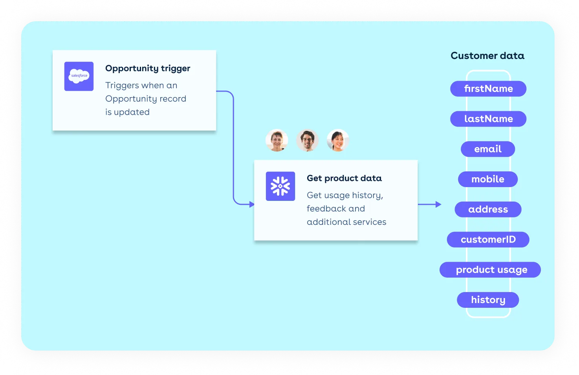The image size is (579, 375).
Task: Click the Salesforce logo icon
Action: coord(79,76)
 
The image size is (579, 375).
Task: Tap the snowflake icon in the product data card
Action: coord(280,186)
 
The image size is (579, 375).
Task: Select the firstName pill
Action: coord(488,89)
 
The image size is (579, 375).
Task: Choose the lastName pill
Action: coord(488,119)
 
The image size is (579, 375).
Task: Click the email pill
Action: coord(488,149)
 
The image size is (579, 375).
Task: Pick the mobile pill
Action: coord(488,179)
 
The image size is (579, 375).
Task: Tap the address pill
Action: coord(488,210)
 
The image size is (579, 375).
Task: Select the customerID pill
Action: coord(488,239)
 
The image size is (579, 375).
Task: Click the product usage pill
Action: coord(490,270)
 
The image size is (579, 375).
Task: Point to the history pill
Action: coord(488,300)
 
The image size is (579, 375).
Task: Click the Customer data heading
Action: coord(487,56)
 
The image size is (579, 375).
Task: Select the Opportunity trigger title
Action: coord(148,68)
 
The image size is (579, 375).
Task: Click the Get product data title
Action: coord(344,178)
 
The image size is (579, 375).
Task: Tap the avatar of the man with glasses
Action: coord(307,140)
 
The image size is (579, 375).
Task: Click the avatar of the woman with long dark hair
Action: coord(338,140)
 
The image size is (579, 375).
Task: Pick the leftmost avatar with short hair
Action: coord(277,140)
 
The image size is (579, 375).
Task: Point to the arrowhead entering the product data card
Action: coord(252,204)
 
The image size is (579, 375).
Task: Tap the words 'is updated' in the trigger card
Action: coord(127,112)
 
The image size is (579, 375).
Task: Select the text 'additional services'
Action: coord(346,222)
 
